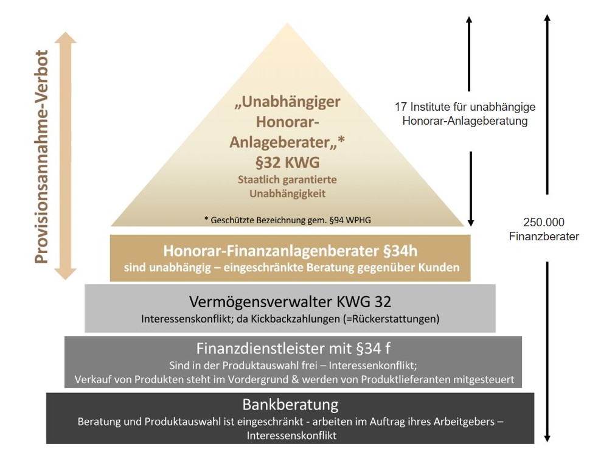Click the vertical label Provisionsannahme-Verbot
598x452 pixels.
tap(41, 157)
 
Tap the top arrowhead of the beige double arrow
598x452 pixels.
tap(65, 38)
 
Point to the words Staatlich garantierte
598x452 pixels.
tap(288, 181)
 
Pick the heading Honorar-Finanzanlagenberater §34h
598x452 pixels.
tap(290, 251)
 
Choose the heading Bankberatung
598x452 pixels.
tap(290, 405)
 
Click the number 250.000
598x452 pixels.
tap(543, 223)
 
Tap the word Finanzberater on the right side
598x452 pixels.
tap(543, 237)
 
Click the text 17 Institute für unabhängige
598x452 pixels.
tap(465, 107)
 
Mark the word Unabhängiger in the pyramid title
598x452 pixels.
tap(288, 101)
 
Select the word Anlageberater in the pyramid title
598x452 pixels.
tap(282, 142)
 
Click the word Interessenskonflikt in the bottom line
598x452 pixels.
tap(291, 436)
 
